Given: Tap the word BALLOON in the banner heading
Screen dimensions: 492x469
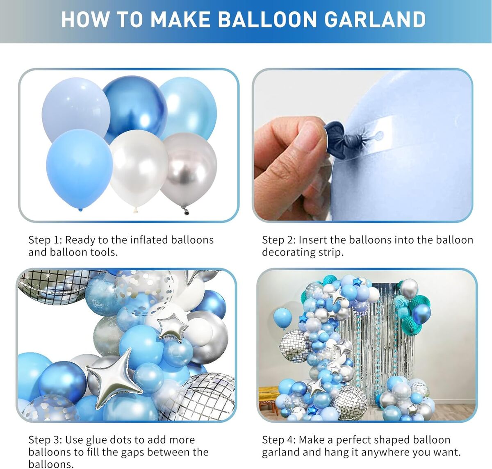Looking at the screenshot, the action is (x=267, y=19).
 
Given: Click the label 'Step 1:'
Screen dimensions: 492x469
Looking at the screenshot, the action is (x=45, y=240).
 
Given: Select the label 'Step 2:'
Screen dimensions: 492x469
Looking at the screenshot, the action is (x=279, y=240).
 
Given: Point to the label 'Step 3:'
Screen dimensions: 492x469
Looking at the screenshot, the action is (x=45, y=440).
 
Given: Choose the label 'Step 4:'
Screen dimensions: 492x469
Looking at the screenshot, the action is (x=279, y=440).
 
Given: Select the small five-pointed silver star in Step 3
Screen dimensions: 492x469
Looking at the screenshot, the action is (x=172, y=326).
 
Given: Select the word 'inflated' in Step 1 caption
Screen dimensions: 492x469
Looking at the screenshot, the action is (x=149, y=240).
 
